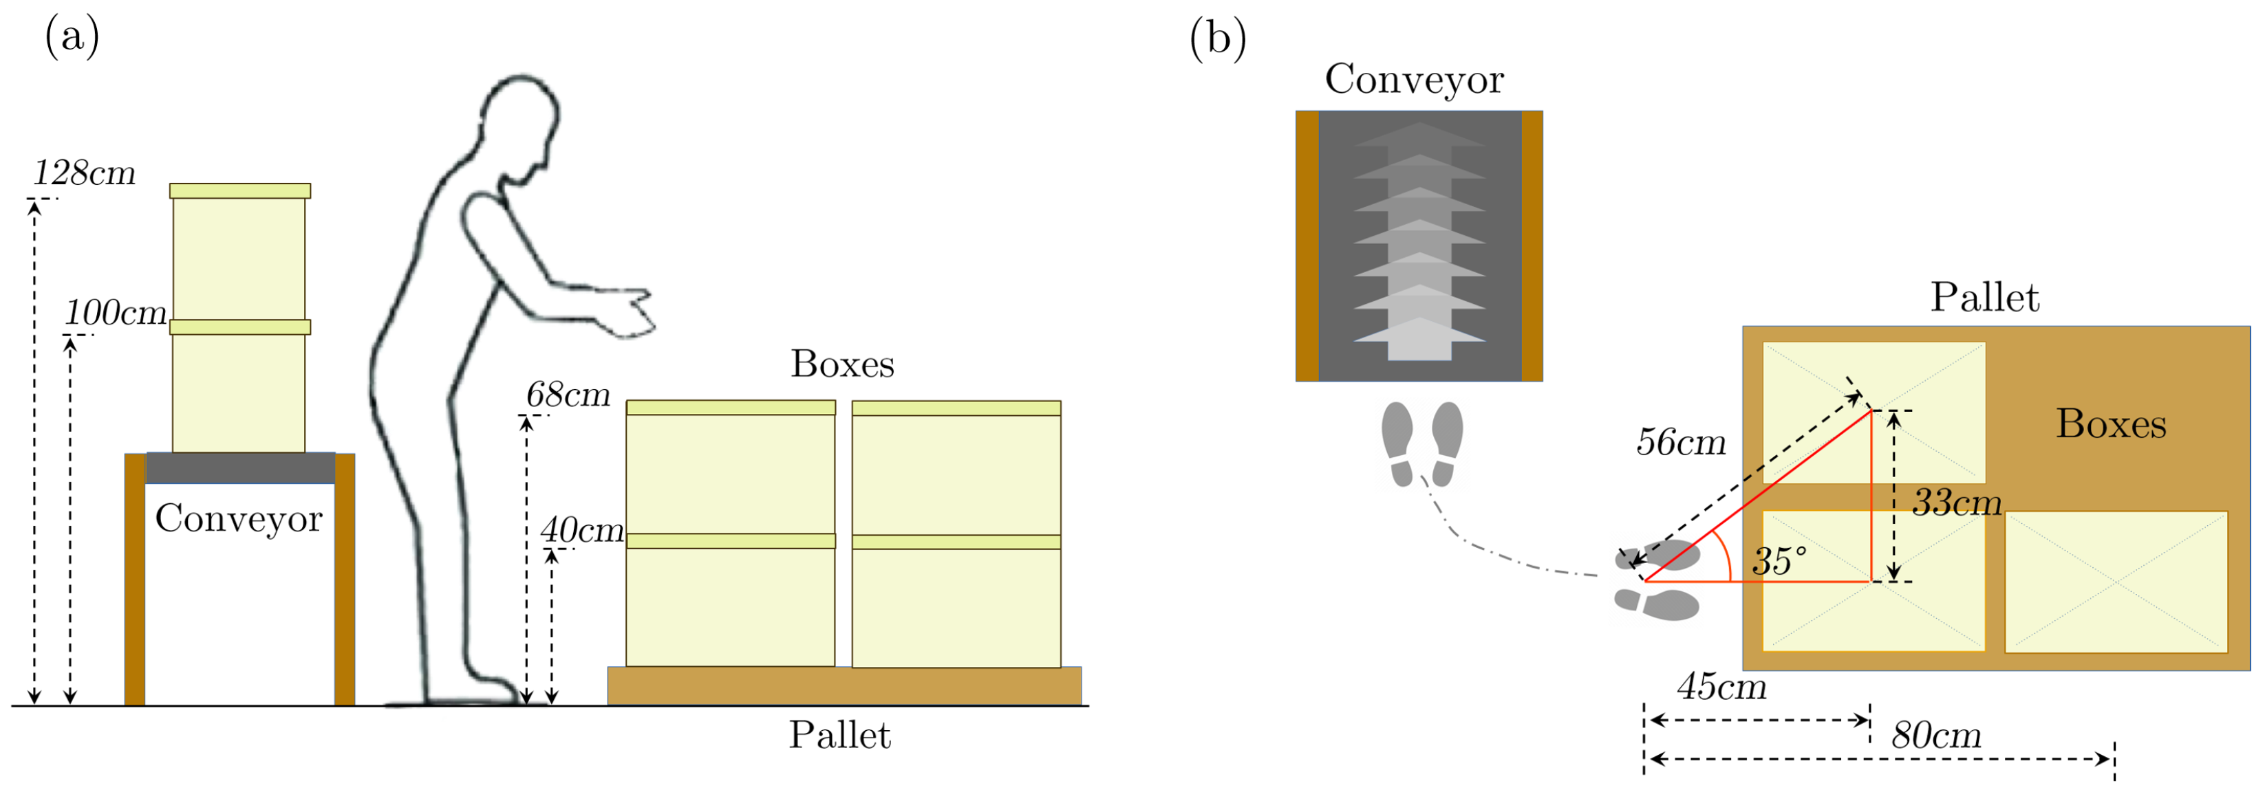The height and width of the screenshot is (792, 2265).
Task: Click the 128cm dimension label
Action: (x=85, y=173)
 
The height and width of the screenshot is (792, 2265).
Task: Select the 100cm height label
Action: (x=115, y=313)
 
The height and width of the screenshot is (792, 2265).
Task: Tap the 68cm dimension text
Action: (x=568, y=395)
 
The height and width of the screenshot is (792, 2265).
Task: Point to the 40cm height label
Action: (x=582, y=530)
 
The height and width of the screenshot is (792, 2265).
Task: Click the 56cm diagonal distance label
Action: (x=1680, y=442)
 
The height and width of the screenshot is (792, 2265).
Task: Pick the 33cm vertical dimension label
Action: (x=1957, y=503)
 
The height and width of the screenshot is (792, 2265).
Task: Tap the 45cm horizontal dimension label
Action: (x=1721, y=687)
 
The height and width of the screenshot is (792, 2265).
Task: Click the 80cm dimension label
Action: (x=1936, y=735)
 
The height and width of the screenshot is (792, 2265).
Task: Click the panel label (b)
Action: (x=1217, y=38)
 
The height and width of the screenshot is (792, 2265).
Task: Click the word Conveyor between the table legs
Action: (x=238, y=518)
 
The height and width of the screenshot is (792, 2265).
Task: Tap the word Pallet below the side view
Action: (x=839, y=735)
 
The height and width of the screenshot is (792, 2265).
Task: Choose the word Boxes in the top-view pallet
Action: (x=2110, y=425)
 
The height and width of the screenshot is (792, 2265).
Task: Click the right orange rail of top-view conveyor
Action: (x=1532, y=245)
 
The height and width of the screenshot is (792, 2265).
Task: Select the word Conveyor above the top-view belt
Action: (x=1414, y=79)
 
